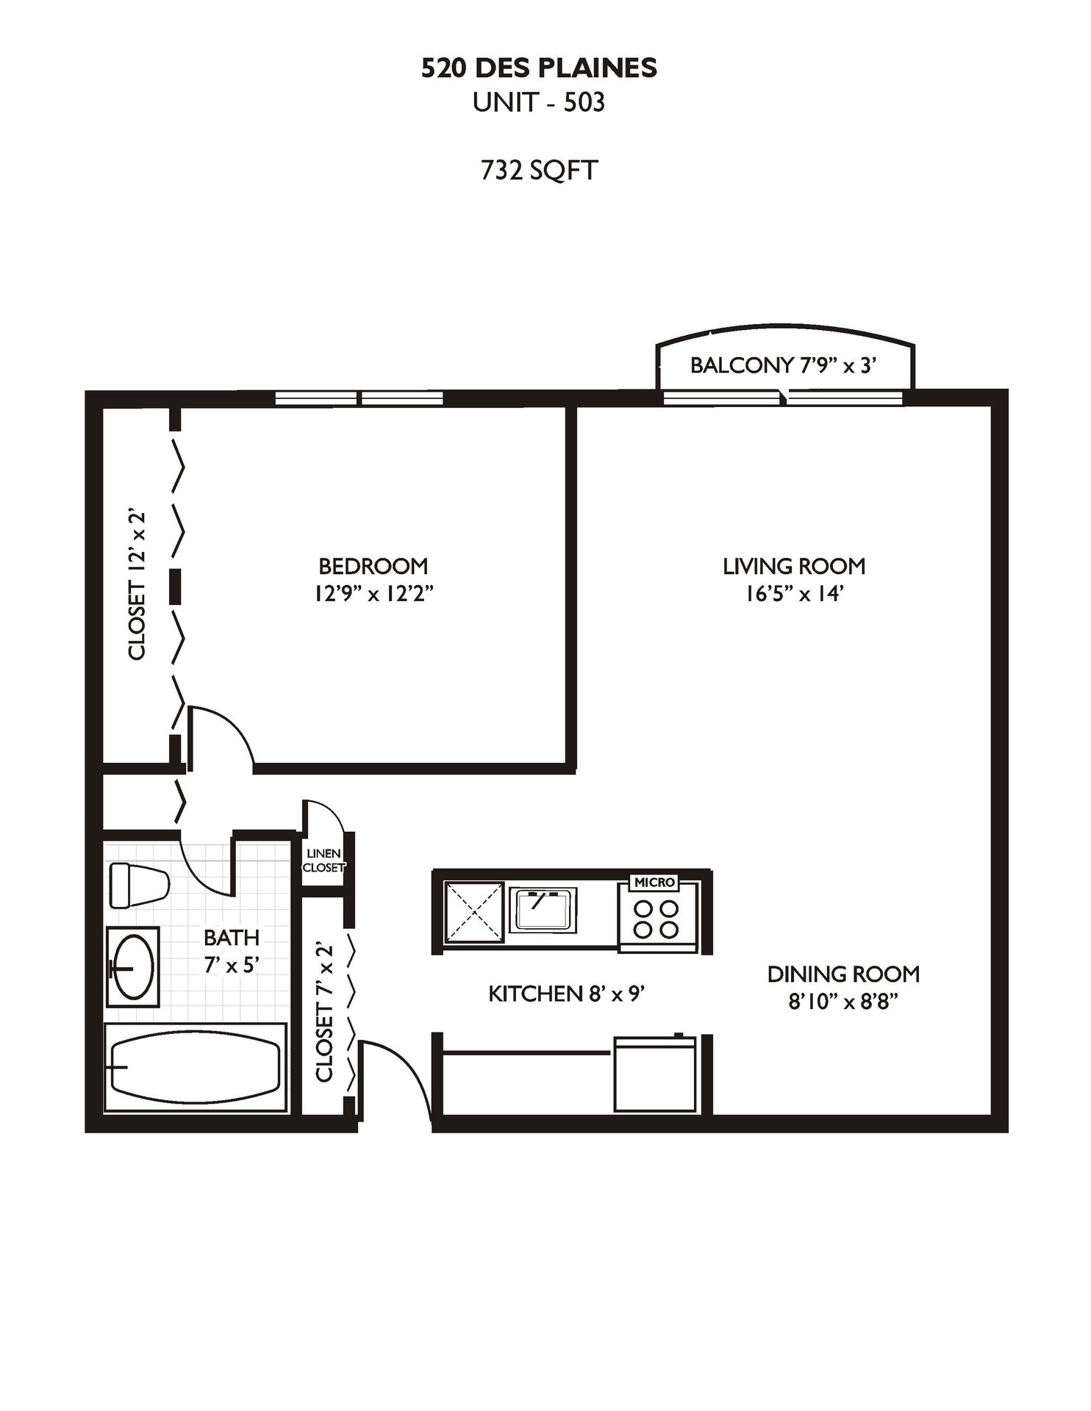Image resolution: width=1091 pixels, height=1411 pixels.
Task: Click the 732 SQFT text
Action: click(539, 170)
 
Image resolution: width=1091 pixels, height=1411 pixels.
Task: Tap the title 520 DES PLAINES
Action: click(539, 68)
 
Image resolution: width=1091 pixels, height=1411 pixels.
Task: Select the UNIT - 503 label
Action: click(539, 102)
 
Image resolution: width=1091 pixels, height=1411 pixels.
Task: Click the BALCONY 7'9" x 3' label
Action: click(784, 365)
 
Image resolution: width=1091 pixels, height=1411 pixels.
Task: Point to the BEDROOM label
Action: click(373, 566)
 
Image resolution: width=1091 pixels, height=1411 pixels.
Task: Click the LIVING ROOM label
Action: click(794, 566)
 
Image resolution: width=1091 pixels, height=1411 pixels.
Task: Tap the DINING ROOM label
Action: click(843, 974)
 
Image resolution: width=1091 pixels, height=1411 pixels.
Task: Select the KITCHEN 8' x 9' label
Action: click(567, 994)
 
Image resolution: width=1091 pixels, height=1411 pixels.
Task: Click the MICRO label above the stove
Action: click(654, 882)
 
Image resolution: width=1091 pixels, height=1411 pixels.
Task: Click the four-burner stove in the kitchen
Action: click(657, 919)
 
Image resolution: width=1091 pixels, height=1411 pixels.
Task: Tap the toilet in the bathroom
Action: click(139, 886)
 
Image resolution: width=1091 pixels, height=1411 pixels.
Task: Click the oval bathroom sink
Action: click(133, 966)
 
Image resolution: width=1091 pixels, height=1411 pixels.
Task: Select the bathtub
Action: click(195, 1067)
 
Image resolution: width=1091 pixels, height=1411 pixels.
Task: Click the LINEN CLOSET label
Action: click(323, 861)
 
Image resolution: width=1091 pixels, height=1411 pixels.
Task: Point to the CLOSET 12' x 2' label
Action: click(137, 585)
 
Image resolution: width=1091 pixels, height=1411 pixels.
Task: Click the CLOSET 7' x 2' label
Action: click(324, 1012)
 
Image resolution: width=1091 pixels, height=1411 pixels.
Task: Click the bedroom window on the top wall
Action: click(359, 398)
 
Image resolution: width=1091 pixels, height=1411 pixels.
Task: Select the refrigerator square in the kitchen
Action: click(655, 1074)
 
